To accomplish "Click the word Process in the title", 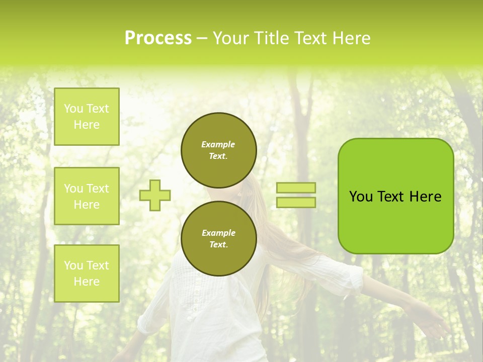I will tap(158, 38).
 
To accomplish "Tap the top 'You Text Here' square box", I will tap(87, 117).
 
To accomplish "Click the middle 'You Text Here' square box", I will tap(87, 196).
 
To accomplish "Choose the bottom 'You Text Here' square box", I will tap(87, 273).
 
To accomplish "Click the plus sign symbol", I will tap(155, 195).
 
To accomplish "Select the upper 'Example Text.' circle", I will tap(218, 150).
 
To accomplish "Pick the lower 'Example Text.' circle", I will tap(218, 238).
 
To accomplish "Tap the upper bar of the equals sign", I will tap(296, 188).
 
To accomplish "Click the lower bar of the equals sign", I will tap(296, 202).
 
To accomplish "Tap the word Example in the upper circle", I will tap(218, 144).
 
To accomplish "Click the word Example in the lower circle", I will tap(218, 233).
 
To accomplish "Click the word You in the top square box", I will tap(73, 109).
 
